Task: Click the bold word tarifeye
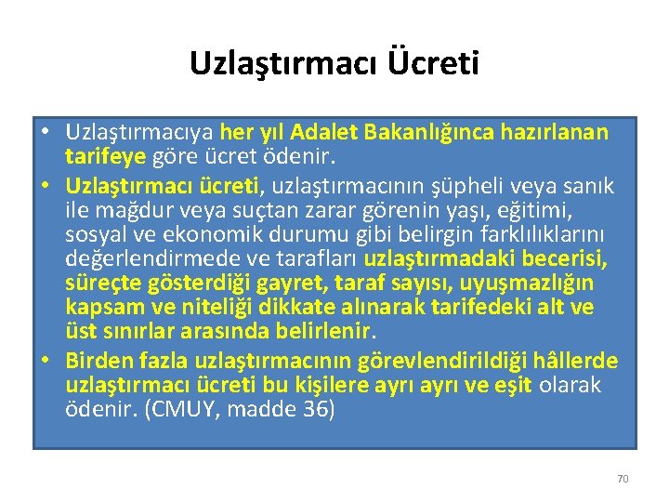click(x=104, y=157)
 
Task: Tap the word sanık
click(x=592, y=186)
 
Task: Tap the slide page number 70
click(x=623, y=479)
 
